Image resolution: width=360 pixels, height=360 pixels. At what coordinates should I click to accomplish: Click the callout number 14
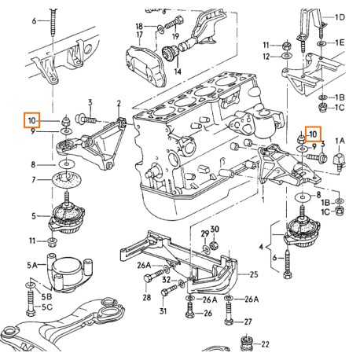(x=177, y=71)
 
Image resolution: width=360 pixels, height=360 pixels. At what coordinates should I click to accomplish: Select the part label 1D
(x=340, y=17)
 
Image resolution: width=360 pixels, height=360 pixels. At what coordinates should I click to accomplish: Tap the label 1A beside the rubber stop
(x=340, y=140)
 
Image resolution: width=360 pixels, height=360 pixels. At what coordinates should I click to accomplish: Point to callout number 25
(x=253, y=274)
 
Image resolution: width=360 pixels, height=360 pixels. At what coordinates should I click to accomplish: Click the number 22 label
(x=265, y=344)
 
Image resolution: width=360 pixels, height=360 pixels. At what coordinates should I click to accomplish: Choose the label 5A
(x=32, y=265)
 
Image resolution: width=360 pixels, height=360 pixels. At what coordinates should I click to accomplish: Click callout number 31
(x=163, y=310)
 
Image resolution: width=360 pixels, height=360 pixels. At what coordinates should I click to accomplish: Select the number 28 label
(x=146, y=299)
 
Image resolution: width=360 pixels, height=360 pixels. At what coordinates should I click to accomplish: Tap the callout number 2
(x=119, y=103)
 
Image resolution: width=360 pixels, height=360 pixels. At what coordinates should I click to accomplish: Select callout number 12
(x=266, y=57)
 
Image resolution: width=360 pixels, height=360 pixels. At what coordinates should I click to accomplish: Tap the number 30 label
(x=215, y=230)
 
